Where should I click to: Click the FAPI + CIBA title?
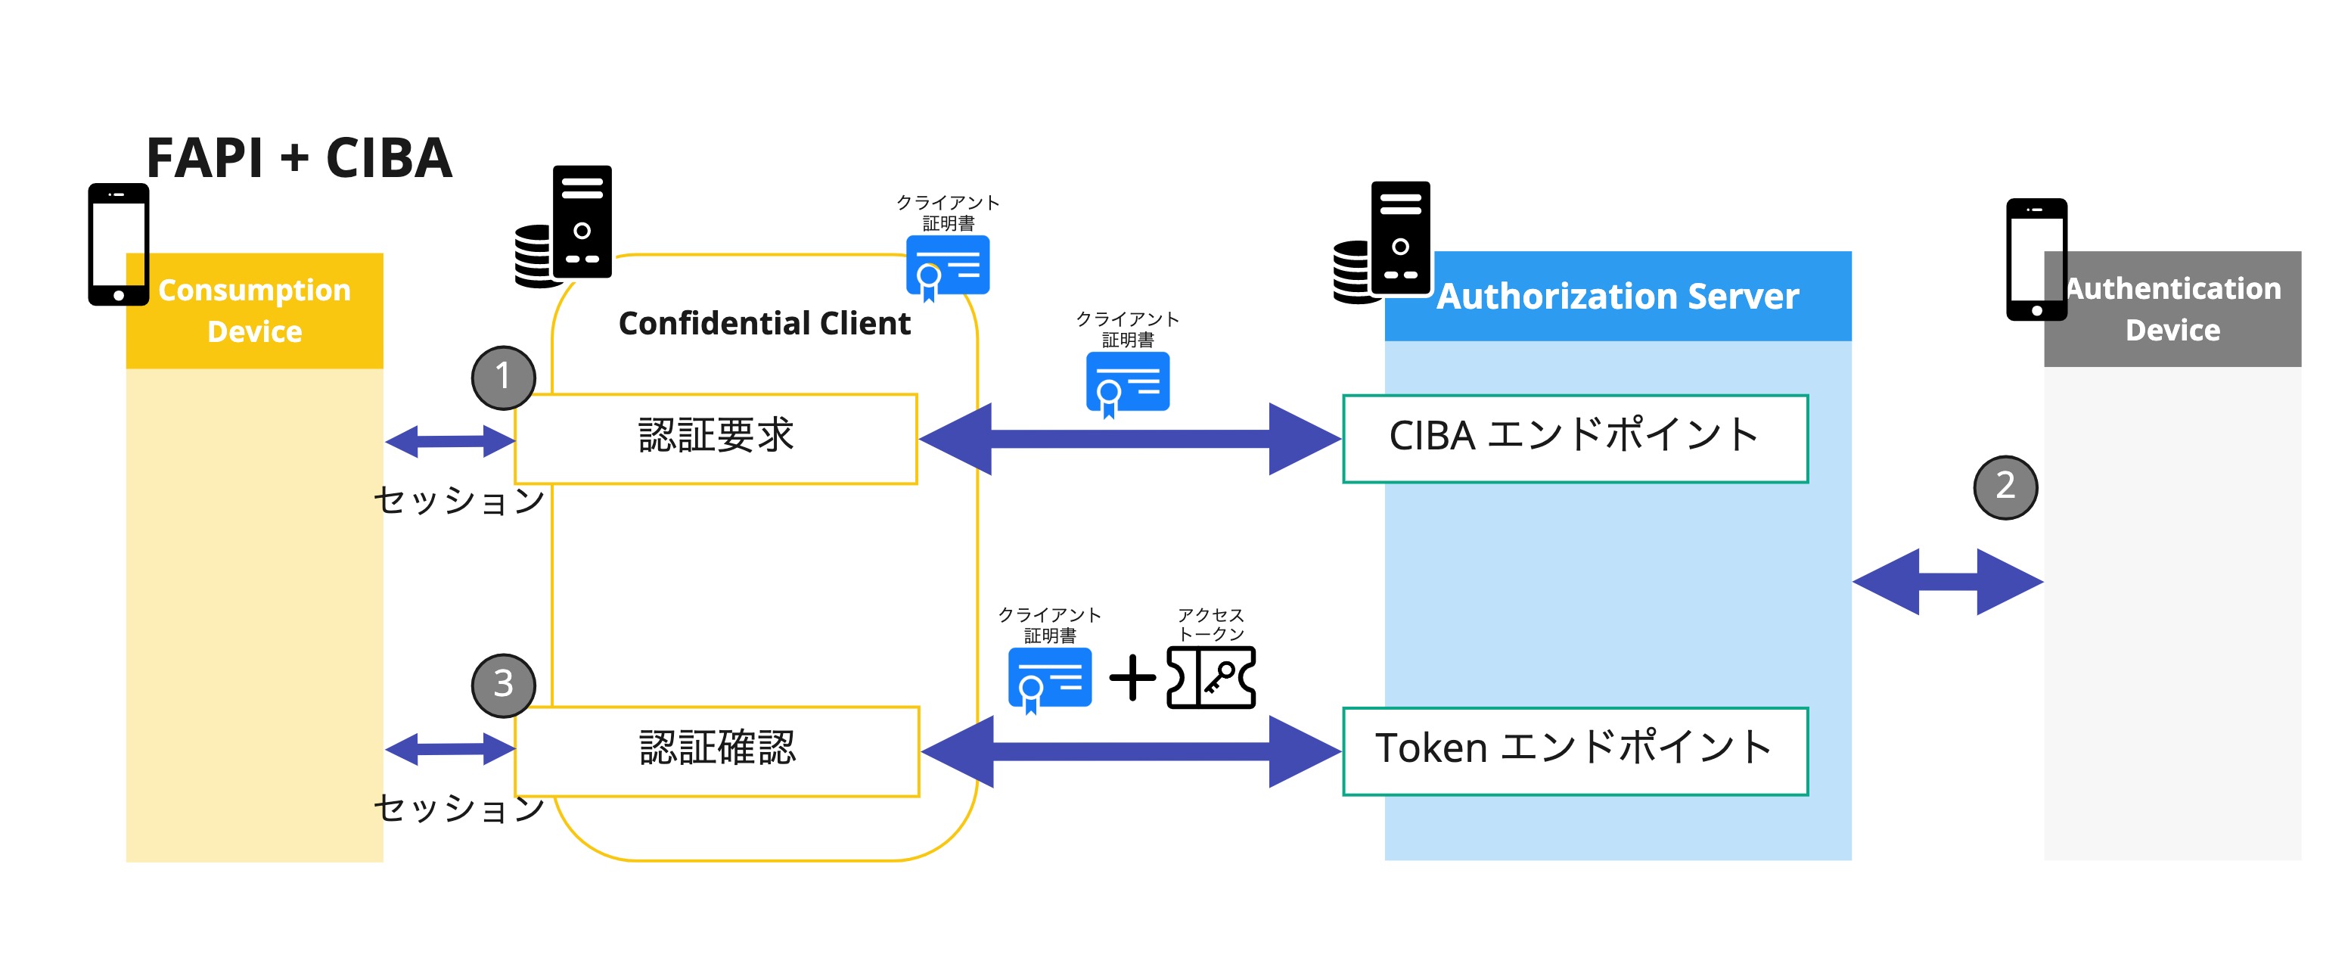click(299, 158)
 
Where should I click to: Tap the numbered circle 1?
click(503, 377)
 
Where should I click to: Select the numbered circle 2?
click(2005, 486)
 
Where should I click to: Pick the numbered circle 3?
click(503, 685)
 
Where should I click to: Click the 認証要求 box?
click(716, 438)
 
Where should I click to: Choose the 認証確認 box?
click(716, 751)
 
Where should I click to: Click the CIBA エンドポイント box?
click(1574, 438)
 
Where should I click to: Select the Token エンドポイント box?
click(1574, 751)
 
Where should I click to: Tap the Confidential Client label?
click(764, 323)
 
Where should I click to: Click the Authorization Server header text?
click(1617, 297)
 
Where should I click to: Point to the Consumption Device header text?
click(255, 310)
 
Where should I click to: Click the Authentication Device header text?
click(2172, 309)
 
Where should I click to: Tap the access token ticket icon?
click(1211, 677)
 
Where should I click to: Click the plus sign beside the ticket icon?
click(1132, 678)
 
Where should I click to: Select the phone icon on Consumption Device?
click(119, 244)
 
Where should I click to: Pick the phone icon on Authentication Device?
click(2036, 260)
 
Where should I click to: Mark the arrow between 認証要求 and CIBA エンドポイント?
click(1130, 439)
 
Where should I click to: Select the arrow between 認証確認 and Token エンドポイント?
click(1131, 751)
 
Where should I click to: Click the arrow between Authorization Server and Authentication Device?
click(1948, 581)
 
